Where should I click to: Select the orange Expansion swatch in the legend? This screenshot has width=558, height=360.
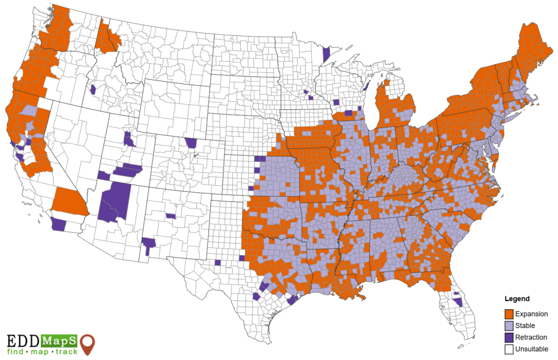509,314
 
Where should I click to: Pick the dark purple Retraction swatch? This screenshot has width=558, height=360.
509,337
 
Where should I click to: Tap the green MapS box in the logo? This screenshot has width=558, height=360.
59,340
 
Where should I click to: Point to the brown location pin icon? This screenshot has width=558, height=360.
87,344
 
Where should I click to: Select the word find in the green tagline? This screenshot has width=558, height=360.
16,352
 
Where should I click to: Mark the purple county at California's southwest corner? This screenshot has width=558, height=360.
57,224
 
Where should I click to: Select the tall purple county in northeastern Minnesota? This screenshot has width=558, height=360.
326,55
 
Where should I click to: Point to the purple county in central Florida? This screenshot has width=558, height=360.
458,301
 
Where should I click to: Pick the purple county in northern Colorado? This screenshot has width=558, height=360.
191,143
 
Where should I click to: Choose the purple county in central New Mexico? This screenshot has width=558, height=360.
171,216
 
